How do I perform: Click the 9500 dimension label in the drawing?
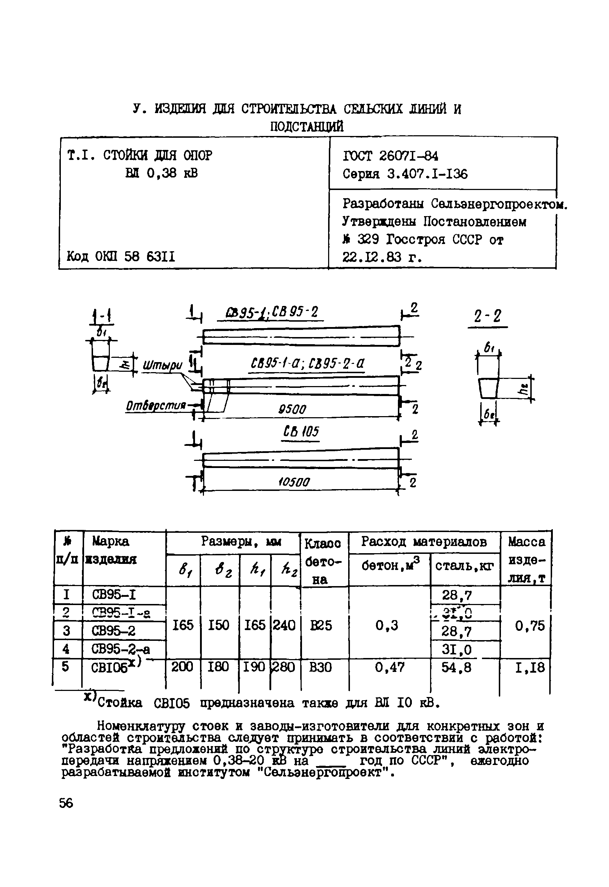[x=292, y=410]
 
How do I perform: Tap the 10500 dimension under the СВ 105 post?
[x=294, y=482]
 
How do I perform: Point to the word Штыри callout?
[x=162, y=366]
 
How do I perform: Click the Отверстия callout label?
[x=156, y=406]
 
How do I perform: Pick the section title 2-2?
[x=487, y=317]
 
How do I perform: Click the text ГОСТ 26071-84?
[x=391, y=156]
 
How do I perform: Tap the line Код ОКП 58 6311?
[x=121, y=257]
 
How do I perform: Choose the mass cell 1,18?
[x=530, y=668]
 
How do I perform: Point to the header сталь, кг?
[x=464, y=566]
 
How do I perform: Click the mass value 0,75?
[x=530, y=625]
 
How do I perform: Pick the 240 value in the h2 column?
[x=284, y=625]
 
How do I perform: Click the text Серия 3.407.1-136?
[x=405, y=174]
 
